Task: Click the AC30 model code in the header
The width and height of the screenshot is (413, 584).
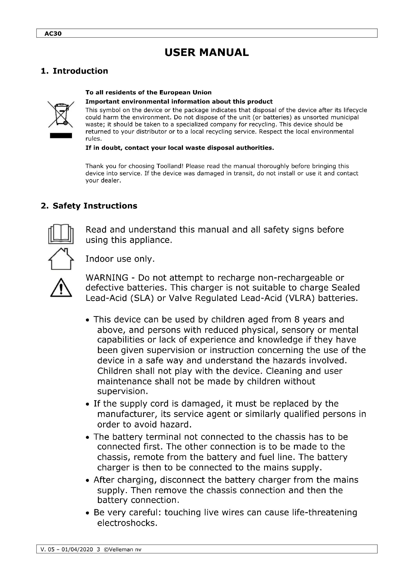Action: [53, 33]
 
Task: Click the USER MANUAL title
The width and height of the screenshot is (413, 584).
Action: [206, 53]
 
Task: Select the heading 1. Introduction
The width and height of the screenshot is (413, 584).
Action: [74, 71]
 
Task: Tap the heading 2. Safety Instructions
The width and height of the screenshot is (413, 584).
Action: [89, 206]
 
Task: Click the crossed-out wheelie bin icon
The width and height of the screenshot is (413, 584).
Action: [61, 114]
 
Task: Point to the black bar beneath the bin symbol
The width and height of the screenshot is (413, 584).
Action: [61, 136]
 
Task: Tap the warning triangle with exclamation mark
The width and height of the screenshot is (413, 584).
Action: [61, 288]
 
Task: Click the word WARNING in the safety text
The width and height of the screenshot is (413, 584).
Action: [107, 277]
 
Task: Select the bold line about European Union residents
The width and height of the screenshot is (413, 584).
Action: [148, 92]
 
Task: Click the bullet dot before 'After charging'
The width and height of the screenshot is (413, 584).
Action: [87, 481]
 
